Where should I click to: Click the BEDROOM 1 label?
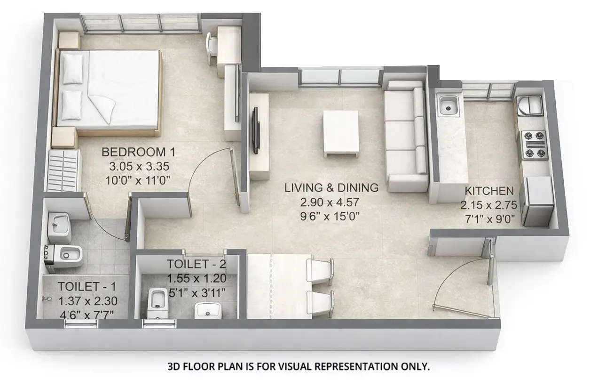coord(134,153)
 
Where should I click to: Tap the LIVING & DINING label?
coord(331,188)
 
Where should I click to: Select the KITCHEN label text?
coord(489,191)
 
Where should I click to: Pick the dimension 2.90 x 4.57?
coord(331,202)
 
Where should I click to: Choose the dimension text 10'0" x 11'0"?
coord(135,179)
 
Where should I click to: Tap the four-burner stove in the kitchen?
coord(533,145)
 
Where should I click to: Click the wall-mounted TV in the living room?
coord(255,130)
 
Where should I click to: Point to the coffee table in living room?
coord(340,133)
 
